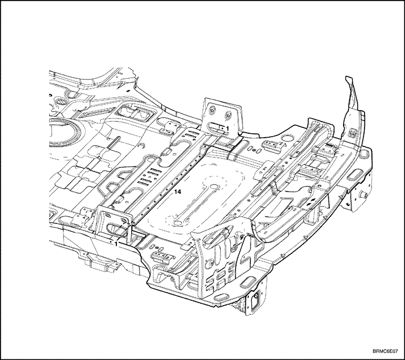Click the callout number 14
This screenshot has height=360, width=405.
click(178, 192)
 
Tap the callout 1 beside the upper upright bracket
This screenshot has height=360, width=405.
click(227, 128)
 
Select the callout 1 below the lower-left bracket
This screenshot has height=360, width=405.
click(116, 244)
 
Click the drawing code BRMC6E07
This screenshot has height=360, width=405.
click(385, 351)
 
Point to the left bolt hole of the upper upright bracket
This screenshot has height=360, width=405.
click(212, 109)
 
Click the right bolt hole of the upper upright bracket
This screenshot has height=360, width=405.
click(228, 115)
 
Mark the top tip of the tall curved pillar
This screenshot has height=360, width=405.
click(349, 77)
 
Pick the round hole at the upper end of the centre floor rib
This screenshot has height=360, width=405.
click(213, 186)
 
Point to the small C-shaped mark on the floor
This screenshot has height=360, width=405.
click(141, 146)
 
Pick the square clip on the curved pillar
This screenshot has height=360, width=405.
click(352, 133)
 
